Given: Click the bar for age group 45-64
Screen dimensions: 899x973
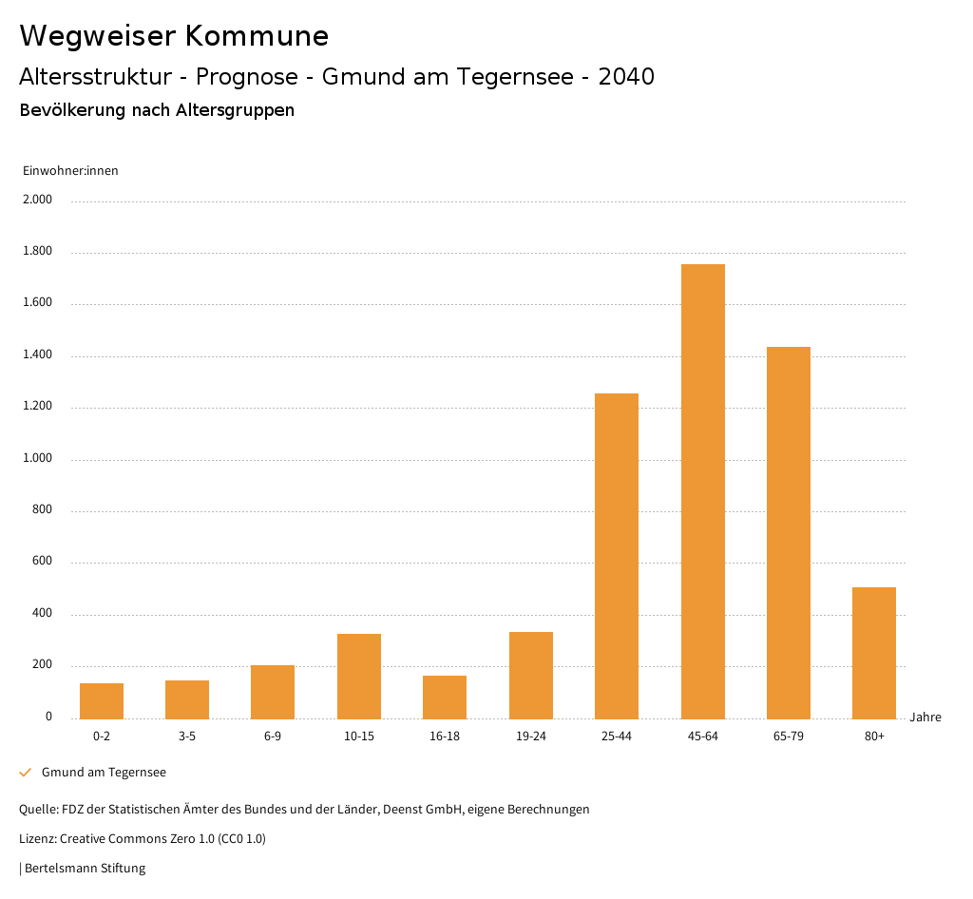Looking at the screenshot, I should coord(702,491).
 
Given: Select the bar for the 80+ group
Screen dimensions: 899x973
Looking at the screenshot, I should coord(874,653).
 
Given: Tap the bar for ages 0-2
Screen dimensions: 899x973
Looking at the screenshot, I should coord(102,701).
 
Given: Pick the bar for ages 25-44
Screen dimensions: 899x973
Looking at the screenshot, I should coord(617,556).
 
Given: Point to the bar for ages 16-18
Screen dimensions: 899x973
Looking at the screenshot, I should coord(445,698).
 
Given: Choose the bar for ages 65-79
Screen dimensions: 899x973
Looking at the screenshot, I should coord(789,533).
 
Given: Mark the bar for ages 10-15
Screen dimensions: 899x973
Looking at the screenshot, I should coord(359,677).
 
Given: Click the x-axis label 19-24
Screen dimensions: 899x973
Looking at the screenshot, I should coord(530,736).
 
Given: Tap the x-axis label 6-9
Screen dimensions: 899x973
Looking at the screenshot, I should coord(273,736).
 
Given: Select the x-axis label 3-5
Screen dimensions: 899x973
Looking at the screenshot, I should coord(187,736).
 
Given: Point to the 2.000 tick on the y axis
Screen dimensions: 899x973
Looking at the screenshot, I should coord(39,201).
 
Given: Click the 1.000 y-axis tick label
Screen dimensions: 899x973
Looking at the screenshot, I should coord(39,459).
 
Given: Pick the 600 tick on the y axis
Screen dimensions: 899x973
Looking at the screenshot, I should coord(42,563).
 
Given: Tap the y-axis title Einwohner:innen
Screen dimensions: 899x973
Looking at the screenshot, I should coord(70,171).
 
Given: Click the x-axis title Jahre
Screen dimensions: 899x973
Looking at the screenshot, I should coord(925,717).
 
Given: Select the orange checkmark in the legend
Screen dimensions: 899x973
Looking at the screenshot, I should coord(26,773).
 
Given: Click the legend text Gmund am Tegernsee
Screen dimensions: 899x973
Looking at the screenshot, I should coord(104,773).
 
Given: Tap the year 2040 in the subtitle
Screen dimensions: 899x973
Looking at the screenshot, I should coord(626,77).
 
